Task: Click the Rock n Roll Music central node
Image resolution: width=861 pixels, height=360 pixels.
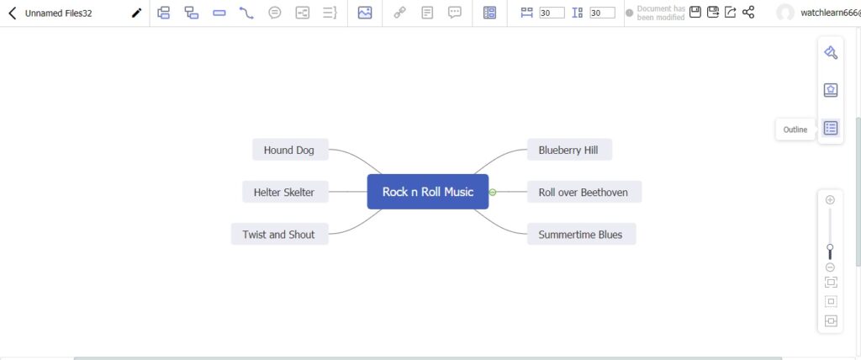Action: tap(428, 192)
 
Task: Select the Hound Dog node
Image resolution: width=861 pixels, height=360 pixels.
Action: tap(290, 150)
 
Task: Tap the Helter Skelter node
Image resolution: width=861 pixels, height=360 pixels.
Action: tap(285, 192)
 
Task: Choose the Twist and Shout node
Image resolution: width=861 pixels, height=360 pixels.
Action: tap(279, 234)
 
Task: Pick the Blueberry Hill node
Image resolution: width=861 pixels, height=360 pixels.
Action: tap(569, 150)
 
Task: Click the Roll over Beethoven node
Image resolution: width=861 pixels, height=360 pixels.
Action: tap(584, 192)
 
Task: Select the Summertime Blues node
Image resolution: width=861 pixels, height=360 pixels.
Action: tap(582, 234)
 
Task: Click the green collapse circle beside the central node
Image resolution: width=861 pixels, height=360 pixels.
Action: tap(493, 193)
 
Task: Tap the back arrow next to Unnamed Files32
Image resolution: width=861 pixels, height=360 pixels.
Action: tap(13, 13)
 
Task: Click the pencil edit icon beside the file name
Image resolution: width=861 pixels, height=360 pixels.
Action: tap(137, 13)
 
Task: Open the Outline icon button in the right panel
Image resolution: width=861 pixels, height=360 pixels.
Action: tap(831, 128)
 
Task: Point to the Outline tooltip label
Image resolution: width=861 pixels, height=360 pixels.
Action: tap(795, 130)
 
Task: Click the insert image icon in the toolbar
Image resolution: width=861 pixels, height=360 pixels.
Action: tap(365, 13)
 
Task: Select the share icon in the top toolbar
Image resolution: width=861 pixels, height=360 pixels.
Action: tap(747, 12)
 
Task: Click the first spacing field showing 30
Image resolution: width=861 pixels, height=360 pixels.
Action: tap(552, 13)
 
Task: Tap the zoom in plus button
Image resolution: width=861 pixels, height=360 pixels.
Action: tap(830, 200)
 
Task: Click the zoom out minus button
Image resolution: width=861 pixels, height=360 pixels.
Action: tap(830, 267)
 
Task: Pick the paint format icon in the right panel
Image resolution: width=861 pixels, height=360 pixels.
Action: tap(831, 52)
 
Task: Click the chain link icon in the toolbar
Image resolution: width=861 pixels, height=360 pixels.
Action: tap(399, 13)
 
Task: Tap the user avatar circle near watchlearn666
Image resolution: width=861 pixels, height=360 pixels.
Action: tap(785, 13)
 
